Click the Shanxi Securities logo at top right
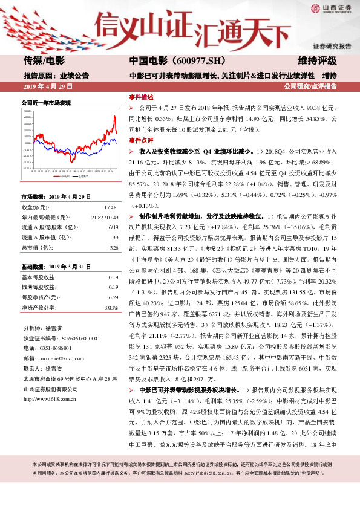333,9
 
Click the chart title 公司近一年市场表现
46,103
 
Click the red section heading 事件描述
140,97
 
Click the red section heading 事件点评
140,140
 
